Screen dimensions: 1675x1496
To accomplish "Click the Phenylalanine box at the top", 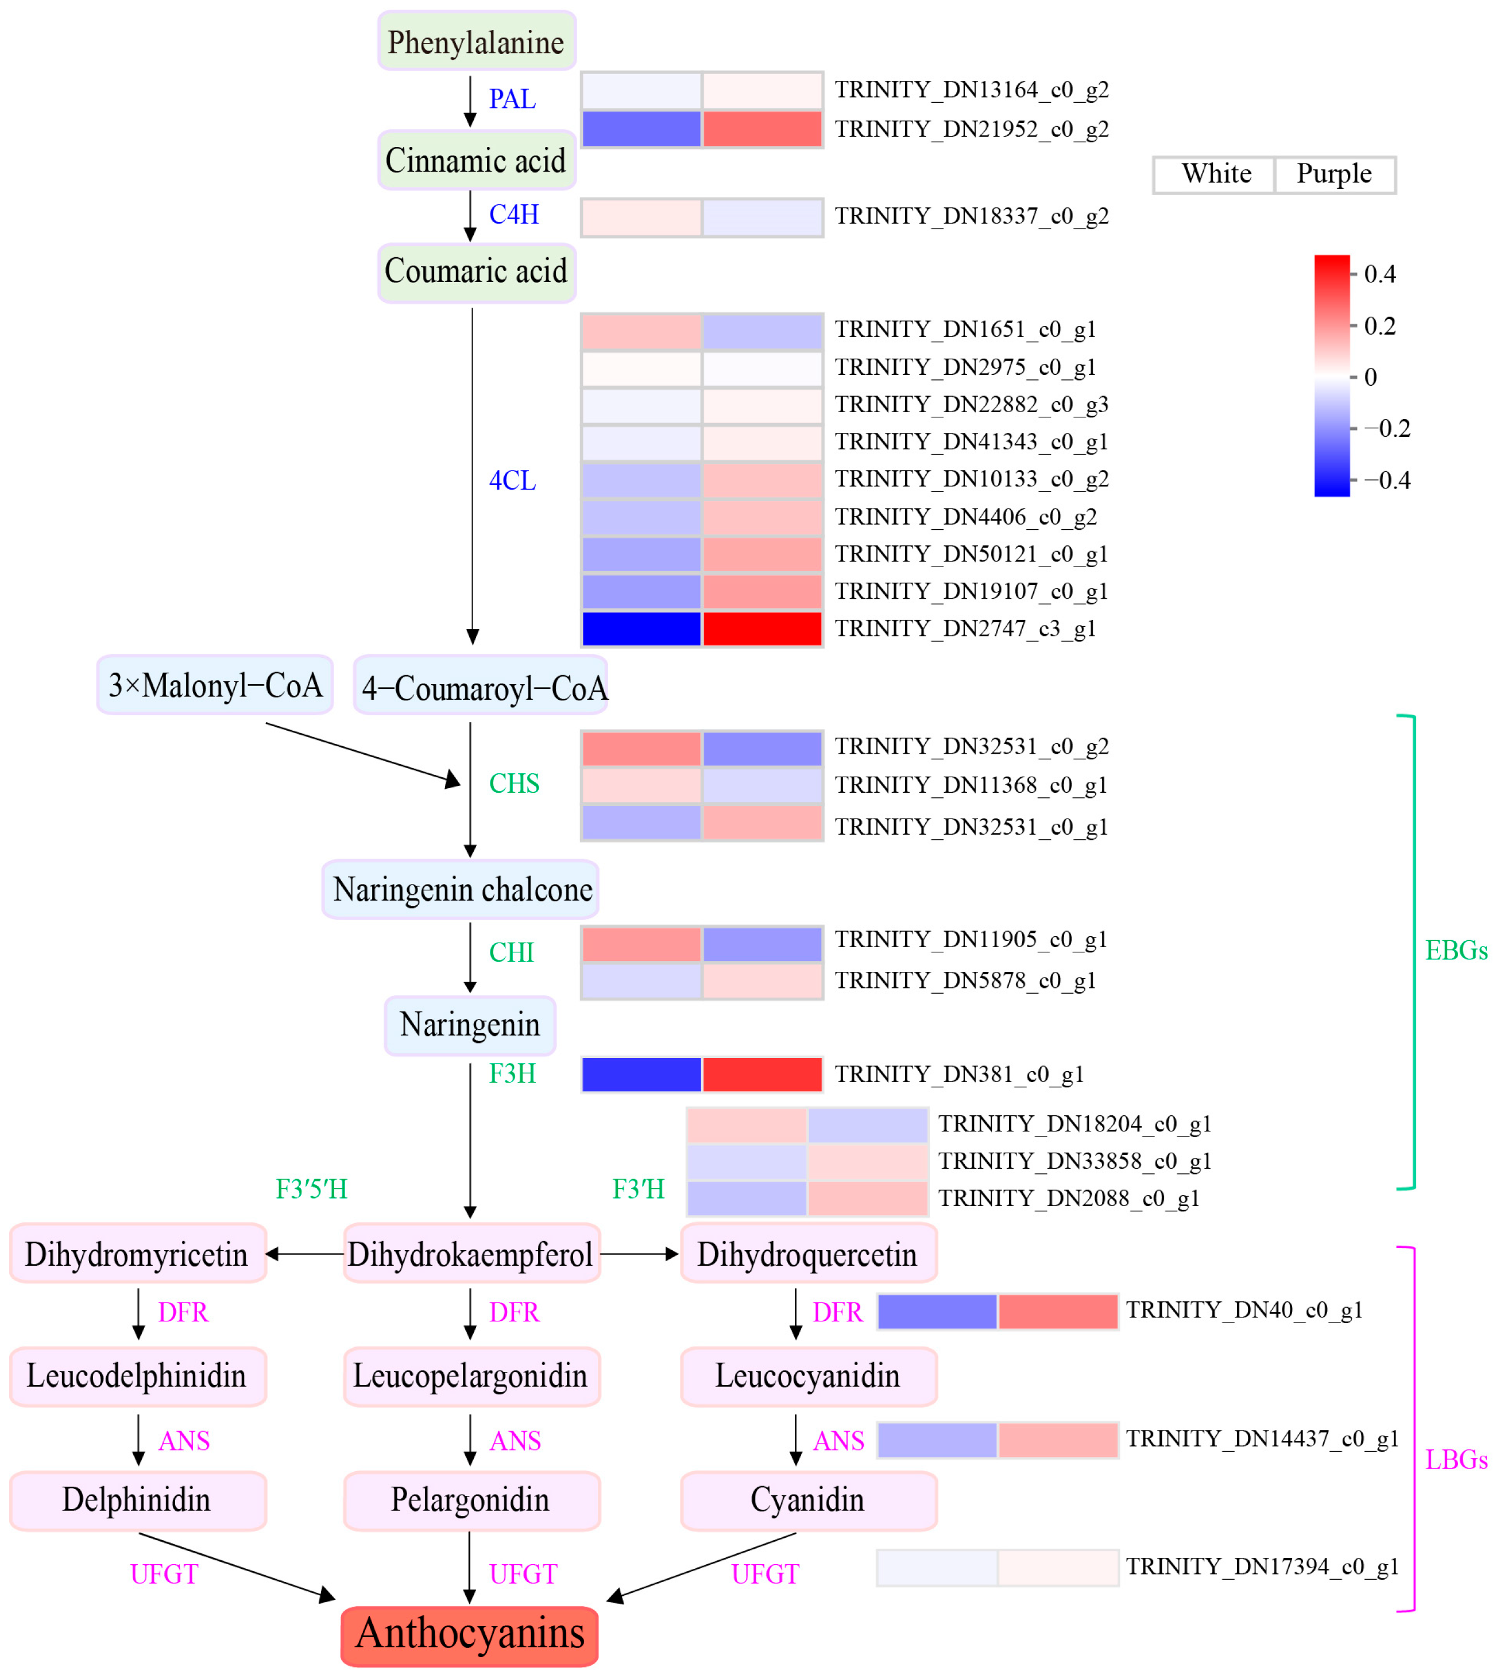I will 476,41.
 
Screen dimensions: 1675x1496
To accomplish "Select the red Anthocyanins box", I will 469,1634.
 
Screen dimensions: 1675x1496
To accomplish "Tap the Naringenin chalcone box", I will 461,889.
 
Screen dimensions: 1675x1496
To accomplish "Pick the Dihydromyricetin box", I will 137,1254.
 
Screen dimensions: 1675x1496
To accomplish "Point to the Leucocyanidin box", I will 808,1376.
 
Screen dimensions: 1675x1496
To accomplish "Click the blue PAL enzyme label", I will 512,99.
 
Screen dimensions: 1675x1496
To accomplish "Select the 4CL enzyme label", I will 512,480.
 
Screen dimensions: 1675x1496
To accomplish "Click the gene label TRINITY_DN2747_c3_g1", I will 965,629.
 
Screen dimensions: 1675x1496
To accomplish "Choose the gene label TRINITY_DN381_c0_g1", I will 959,1073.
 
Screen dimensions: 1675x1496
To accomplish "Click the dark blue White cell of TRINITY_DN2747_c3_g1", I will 641,629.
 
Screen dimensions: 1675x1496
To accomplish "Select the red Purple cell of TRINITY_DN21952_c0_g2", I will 762,129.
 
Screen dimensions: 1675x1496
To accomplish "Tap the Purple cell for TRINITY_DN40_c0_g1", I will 1057,1311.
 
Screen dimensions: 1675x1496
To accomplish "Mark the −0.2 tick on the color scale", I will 1386,429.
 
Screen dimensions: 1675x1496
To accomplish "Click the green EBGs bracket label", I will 1455,951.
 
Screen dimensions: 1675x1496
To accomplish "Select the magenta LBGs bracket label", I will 1455,1460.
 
